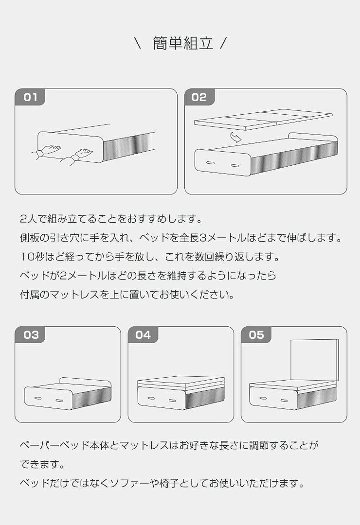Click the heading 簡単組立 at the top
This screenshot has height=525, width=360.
point(183,43)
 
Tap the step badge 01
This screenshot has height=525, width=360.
point(30,97)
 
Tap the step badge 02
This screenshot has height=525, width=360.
point(199,97)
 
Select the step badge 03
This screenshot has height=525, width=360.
point(30,335)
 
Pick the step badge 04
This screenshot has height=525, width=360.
point(143,335)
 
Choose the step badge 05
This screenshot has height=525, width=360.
point(256,335)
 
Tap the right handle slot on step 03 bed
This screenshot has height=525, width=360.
point(59,401)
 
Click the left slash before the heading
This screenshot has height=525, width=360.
point(138,44)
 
